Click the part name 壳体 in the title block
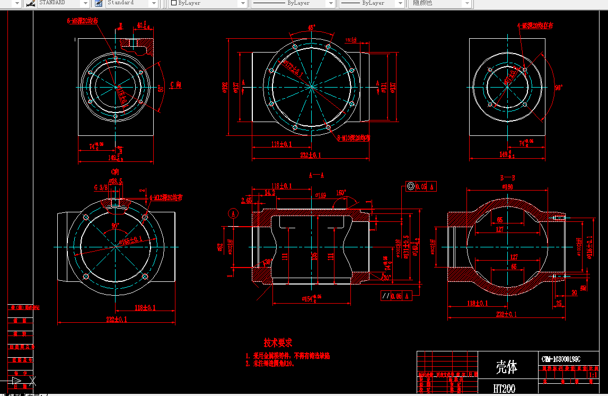click(x=506, y=366)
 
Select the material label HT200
click(x=504, y=389)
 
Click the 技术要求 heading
click(x=278, y=343)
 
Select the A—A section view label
click(x=316, y=175)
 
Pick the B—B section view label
click(x=508, y=178)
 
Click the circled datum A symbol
click(x=233, y=213)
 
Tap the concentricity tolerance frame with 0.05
click(x=421, y=186)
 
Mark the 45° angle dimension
click(x=312, y=27)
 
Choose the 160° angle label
click(x=340, y=193)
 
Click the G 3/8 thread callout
click(x=100, y=187)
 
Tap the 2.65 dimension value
click(x=246, y=200)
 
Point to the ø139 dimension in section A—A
click(x=320, y=196)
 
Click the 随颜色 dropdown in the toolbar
click(x=440, y=3)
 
